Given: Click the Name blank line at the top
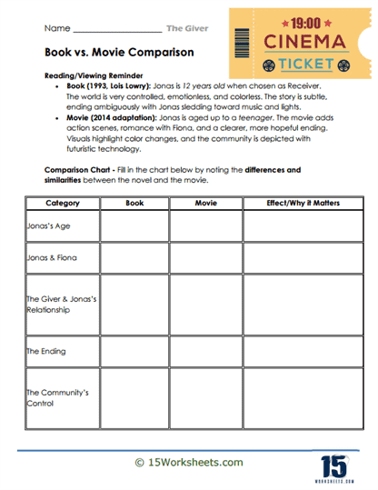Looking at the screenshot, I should pos(108,32).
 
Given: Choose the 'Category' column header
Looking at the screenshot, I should pos(62,203).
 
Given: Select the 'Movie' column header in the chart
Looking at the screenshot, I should pos(206,203).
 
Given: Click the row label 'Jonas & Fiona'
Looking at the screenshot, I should pos(52,257).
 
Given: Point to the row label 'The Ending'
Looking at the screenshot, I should pos(46,351).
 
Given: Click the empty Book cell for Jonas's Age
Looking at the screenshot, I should pos(134,225).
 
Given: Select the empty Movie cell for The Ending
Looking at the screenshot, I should pos(206,351).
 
